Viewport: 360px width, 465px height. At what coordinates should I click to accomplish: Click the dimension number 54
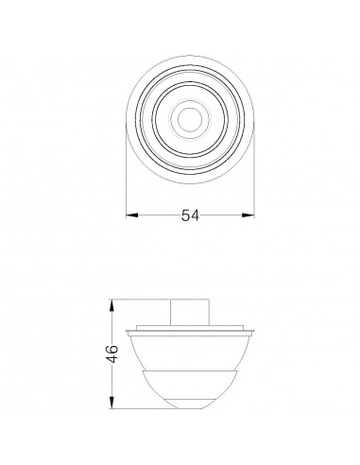pos(190,215)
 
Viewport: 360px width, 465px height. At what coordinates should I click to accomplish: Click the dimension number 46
pos(112,353)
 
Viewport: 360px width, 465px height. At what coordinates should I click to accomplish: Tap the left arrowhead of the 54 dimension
pos(132,215)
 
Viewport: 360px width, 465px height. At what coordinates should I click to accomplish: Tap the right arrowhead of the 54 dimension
pos(248,215)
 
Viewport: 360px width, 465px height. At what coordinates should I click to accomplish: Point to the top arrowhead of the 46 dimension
pos(111,305)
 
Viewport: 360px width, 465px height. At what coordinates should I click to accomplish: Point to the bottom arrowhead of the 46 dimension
pos(111,403)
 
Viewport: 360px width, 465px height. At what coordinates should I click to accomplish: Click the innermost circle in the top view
pos(190,119)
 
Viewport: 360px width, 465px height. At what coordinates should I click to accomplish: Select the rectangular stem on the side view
pos(190,312)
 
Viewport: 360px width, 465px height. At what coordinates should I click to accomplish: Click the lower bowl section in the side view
pos(190,389)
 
